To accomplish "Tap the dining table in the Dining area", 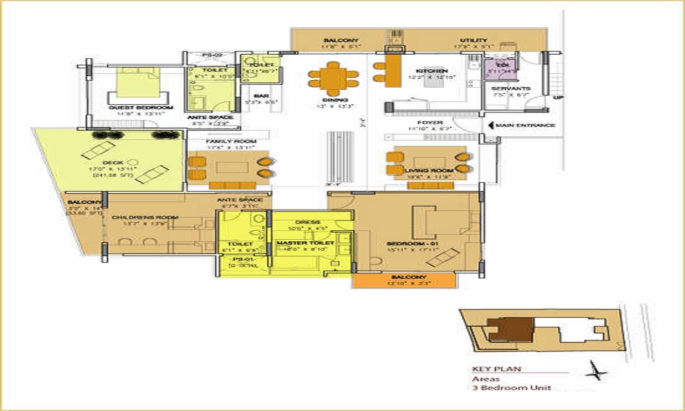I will pyautogui.click(x=333, y=78).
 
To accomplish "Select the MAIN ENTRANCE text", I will pyautogui.click(x=525, y=125).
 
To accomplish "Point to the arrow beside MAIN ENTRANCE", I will pyautogui.click(x=490, y=125).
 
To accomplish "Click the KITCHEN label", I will pyautogui.click(x=432, y=71).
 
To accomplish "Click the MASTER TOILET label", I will pyautogui.click(x=305, y=243).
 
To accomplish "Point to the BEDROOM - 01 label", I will pyautogui.click(x=412, y=243).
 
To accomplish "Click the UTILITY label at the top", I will pyautogui.click(x=473, y=41).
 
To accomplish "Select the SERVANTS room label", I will pyautogui.click(x=510, y=89).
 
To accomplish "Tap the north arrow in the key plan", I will pyautogui.click(x=598, y=373).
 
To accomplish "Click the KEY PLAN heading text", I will pyautogui.click(x=497, y=369).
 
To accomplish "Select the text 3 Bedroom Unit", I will pyautogui.click(x=511, y=388).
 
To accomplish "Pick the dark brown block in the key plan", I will pyautogui.click(x=512, y=329).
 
